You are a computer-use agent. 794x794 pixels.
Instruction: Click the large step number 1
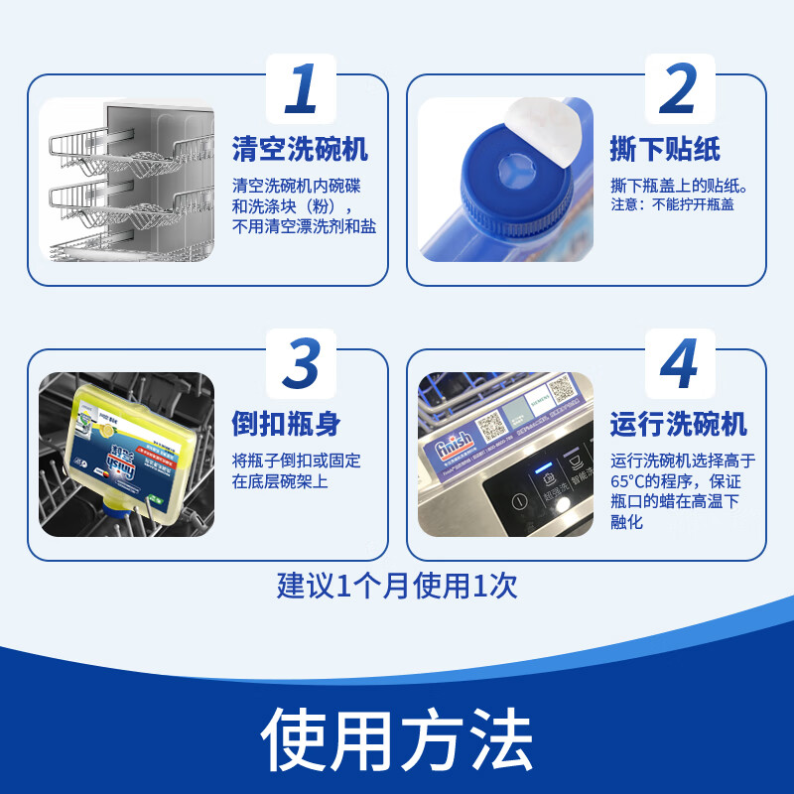click(x=302, y=89)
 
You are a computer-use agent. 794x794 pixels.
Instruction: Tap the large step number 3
click(x=301, y=364)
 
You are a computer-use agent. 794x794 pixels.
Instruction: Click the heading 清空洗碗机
click(x=300, y=150)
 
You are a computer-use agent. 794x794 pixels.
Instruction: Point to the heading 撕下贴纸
click(x=665, y=150)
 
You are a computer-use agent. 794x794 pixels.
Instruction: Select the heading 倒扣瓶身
click(x=286, y=424)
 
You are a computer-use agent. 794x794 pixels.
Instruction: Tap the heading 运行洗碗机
click(x=679, y=424)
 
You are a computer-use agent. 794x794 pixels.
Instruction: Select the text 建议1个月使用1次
click(x=397, y=586)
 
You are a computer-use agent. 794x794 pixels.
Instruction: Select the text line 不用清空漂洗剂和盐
click(x=304, y=226)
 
